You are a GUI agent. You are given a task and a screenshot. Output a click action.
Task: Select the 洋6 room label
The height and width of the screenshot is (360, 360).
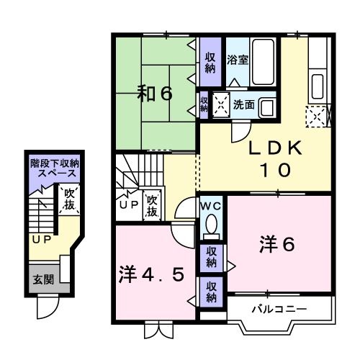[x=276, y=245]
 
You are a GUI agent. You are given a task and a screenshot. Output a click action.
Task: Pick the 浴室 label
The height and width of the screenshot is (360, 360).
[x=238, y=60]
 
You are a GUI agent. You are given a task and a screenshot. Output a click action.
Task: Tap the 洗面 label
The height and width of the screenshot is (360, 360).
[x=243, y=104]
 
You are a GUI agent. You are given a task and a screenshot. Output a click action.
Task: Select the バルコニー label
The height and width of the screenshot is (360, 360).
[x=278, y=309]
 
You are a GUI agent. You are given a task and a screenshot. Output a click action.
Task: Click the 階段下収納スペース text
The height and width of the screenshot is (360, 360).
[x=54, y=169]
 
